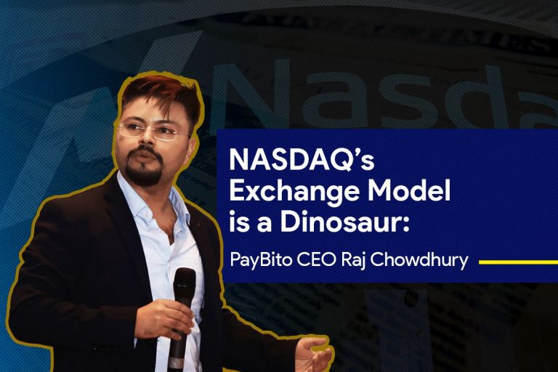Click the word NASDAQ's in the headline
pos(302,160)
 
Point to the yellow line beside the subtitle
pos(518,262)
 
